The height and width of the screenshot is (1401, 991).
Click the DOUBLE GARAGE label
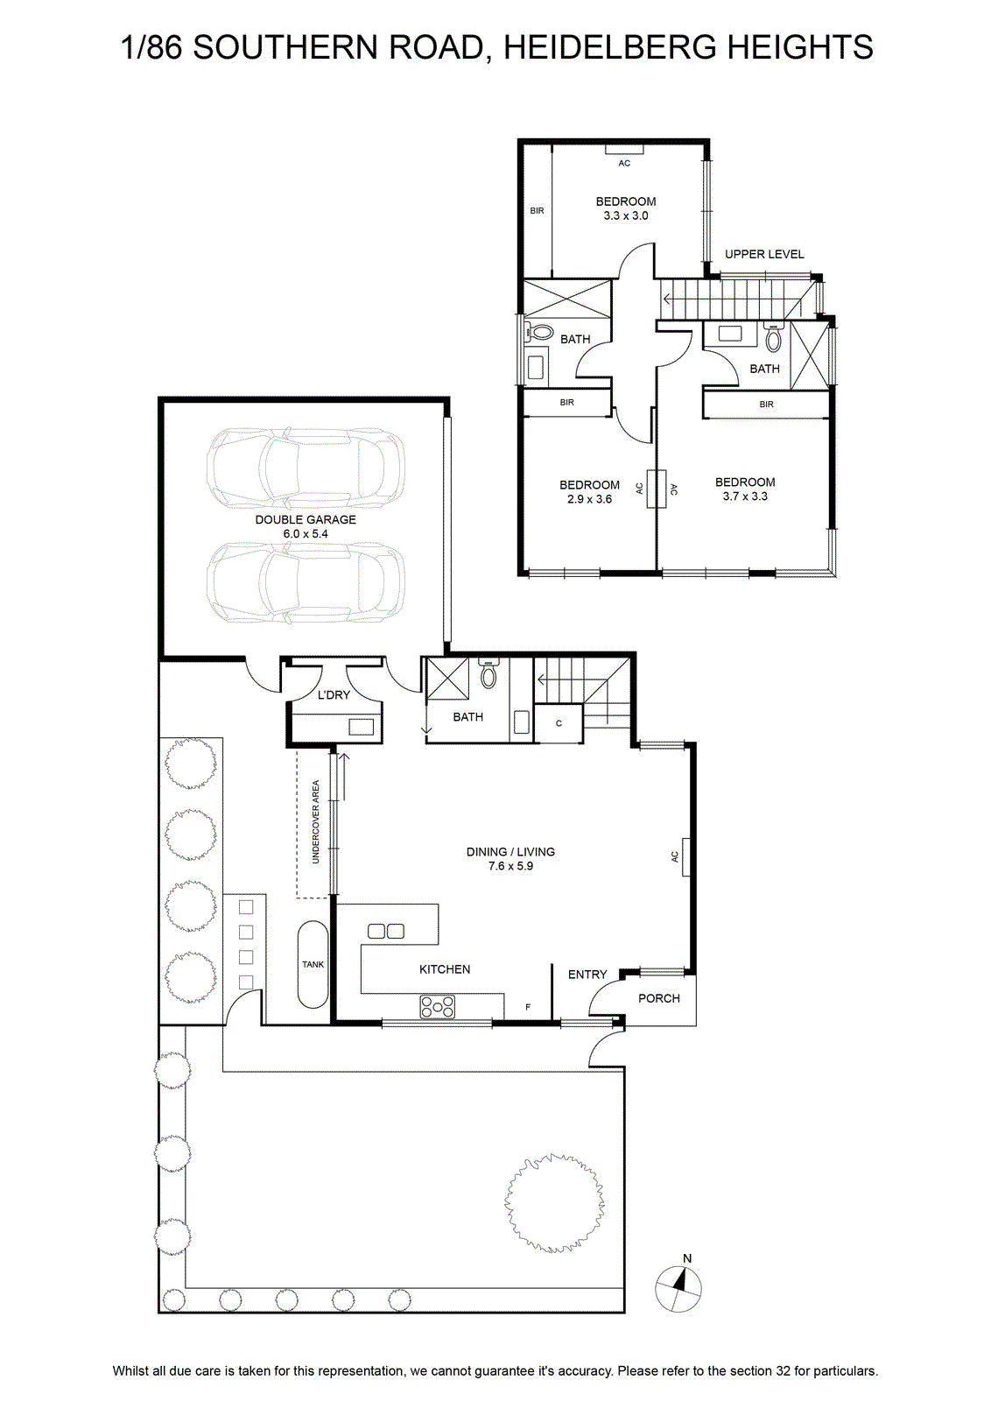(306, 519)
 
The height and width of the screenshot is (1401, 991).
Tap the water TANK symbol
(313, 964)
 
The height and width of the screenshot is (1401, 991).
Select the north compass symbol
(678, 1290)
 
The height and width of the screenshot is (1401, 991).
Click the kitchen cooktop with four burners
(438, 1007)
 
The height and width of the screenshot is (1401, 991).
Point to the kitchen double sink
(386, 932)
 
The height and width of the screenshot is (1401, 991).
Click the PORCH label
(659, 998)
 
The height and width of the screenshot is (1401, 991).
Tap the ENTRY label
(587, 975)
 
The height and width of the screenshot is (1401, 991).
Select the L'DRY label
(334, 695)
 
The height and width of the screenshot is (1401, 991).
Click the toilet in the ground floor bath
(488, 673)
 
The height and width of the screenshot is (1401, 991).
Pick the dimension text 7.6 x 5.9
(510, 866)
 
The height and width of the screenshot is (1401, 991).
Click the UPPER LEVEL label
(764, 254)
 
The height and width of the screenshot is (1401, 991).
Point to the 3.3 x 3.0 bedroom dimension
(625, 215)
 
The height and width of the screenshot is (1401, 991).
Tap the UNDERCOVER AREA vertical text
(316, 821)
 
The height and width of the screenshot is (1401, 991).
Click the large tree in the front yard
(554, 1203)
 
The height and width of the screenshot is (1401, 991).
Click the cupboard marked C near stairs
(559, 723)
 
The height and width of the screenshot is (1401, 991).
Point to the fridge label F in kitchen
(528, 1007)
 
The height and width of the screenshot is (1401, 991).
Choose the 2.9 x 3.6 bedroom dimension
(589, 499)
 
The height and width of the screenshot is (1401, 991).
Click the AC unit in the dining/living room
(685, 857)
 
